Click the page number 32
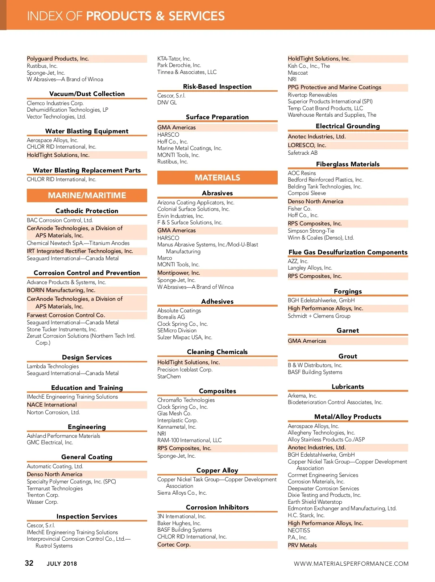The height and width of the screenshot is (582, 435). (x=29, y=563)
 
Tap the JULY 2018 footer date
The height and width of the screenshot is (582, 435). (x=62, y=564)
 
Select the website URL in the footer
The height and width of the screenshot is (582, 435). (x=351, y=564)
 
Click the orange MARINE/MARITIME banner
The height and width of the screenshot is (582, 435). (x=87, y=195)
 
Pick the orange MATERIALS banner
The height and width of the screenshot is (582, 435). (x=217, y=178)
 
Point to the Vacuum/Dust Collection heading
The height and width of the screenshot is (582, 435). (x=87, y=94)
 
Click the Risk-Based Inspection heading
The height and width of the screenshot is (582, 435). (x=217, y=87)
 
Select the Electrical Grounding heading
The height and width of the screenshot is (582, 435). (x=348, y=126)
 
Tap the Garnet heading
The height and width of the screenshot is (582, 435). (x=348, y=331)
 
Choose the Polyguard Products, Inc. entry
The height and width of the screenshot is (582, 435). (x=58, y=59)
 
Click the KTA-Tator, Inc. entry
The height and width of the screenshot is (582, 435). (x=174, y=59)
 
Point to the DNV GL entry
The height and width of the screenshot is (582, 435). (x=167, y=103)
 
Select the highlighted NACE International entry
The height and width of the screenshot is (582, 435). (x=52, y=405)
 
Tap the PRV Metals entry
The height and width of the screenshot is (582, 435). (x=302, y=545)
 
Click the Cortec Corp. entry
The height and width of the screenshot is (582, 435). (x=174, y=545)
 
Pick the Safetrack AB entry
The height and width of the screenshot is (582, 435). (x=303, y=153)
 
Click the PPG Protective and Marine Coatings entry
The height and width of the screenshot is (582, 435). (x=335, y=87)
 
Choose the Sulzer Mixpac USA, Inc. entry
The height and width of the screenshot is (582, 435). (x=185, y=337)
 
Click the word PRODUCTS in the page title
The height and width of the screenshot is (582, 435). (x=119, y=16)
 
